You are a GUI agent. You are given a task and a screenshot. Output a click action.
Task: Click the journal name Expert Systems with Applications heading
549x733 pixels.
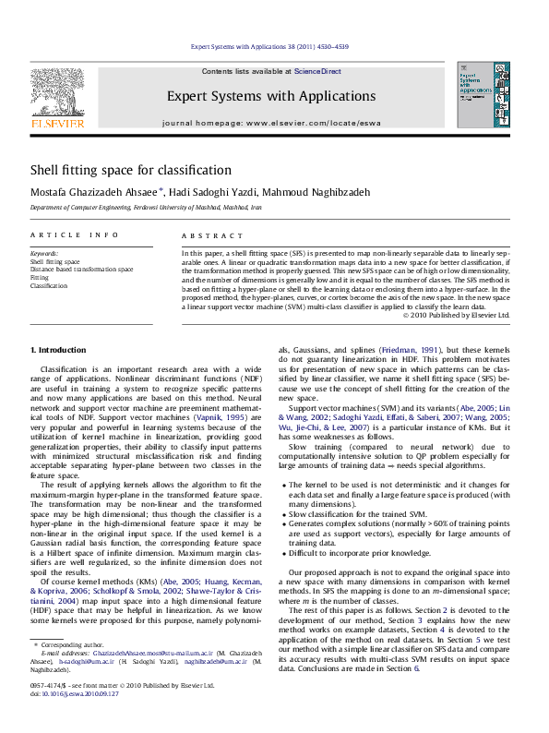[270, 96]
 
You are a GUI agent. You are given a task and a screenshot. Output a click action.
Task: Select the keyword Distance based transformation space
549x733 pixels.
[81, 270]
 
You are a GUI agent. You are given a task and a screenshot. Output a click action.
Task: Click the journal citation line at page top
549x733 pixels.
[270, 46]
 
